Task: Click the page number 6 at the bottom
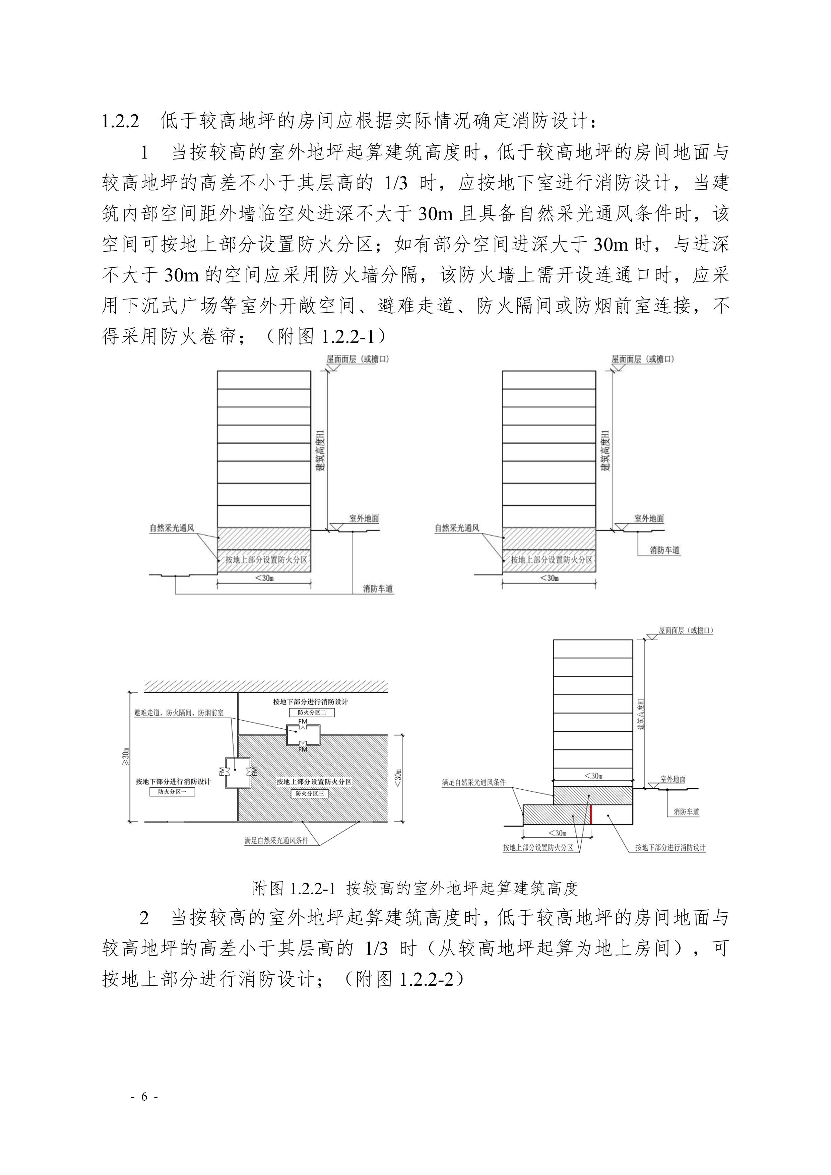[x=144, y=1096]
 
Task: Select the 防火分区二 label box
[x=312, y=712]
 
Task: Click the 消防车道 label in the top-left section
[x=378, y=589]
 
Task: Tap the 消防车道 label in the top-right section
[x=664, y=550]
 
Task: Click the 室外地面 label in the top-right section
[x=649, y=518]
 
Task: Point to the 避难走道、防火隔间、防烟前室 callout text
[x=179, y=712]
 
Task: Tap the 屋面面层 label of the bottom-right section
[x=685, y=631]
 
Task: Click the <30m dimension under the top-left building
[x=264, y=578]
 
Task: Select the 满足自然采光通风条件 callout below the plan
[x=276, y=840]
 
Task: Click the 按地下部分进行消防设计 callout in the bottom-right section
[x=670, y=847]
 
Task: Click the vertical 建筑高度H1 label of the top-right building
[x=606, y=450]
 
